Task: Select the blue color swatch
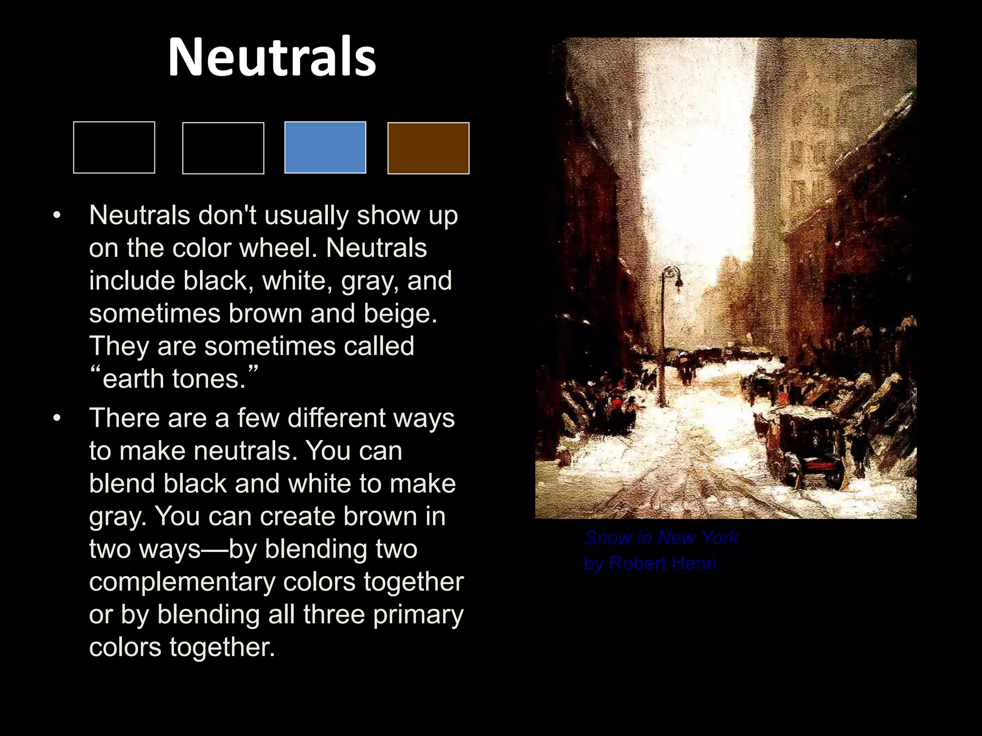tap(325, 147)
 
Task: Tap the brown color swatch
tap(428, 148)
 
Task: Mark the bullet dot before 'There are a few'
tap(57, 418)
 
